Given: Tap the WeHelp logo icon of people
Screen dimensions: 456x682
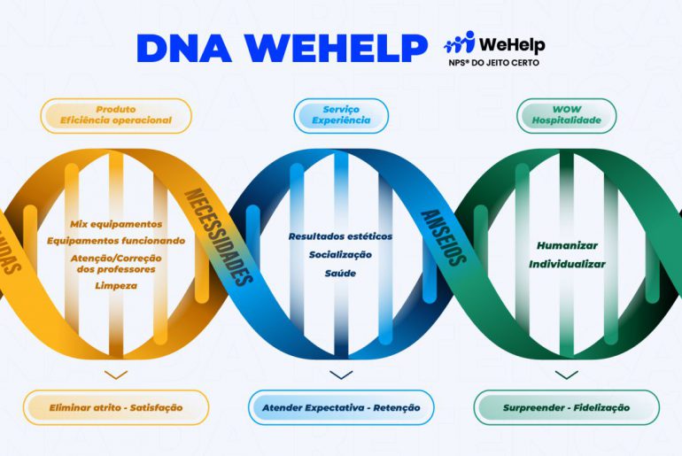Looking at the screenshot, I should tap(458, 43).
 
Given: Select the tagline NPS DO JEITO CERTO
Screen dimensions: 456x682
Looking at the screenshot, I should tap(493, 63).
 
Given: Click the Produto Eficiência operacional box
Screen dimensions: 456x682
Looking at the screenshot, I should tap(116, 115).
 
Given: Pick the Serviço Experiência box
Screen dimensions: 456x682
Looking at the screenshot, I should tap(341, 115).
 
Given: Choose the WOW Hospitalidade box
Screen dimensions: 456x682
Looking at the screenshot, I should tap(566, 115).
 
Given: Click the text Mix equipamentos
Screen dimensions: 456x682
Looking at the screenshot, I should tap(116, 224).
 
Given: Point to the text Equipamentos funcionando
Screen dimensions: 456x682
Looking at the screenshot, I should tap(116, 240).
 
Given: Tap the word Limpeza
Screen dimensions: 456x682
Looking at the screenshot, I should tap(116, 285).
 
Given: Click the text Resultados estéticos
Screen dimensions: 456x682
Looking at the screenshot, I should tap(340, 236).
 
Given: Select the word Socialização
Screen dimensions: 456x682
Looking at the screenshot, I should tap(340, 254).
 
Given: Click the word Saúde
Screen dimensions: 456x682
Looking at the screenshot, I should tap(340, 272).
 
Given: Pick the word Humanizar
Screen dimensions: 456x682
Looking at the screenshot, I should tap(567, 245).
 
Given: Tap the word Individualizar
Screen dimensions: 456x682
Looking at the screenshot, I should tap(567, 263).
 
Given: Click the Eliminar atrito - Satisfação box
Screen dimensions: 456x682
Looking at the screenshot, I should tap(116, 407).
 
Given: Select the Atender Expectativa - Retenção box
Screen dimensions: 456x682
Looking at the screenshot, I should tap(341, 407).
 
